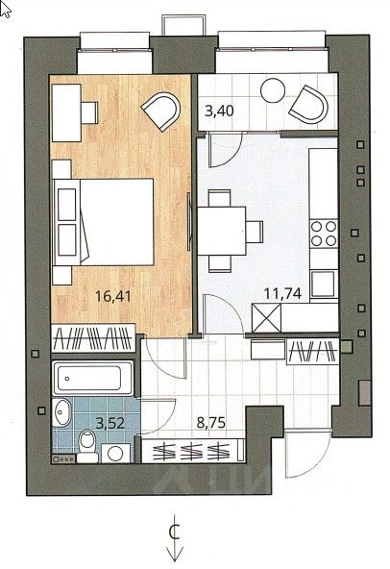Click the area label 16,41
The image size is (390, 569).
[112, 296]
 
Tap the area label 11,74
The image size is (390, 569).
[282, 293]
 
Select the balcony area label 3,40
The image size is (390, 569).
[219, 111]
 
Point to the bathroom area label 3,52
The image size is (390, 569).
[110, 423]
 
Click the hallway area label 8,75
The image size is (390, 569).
[210, 422]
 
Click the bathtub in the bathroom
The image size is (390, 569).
[93, 378]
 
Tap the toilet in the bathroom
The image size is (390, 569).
[87, 446]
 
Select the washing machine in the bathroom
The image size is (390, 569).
[115, 454]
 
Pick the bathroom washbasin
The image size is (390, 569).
[61, 412]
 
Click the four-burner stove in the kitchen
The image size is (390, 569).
[324, 234]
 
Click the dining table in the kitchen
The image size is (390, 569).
[222, 231]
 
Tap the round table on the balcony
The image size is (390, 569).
[273, 90]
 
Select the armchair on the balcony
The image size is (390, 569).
[309, 104]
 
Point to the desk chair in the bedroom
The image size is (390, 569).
[89, 112]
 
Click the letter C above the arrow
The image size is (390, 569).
[175, 532]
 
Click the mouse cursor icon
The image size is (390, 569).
[6, 10]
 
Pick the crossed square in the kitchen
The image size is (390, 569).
[267, 318]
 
